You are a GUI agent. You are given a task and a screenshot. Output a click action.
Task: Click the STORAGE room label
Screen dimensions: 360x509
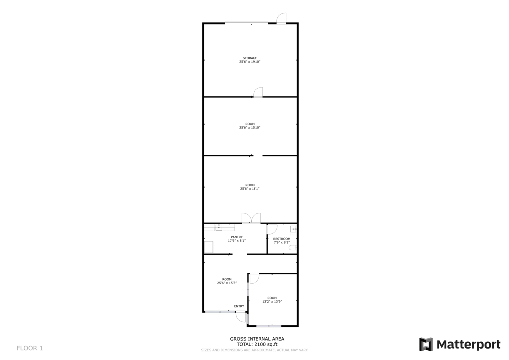[250, 58]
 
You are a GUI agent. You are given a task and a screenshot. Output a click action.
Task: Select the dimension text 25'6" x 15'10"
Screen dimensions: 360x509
[250, 128]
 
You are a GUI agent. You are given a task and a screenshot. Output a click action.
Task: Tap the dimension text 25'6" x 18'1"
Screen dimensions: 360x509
[250, 189]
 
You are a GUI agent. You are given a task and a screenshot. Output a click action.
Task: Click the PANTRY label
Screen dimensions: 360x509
[237, 237]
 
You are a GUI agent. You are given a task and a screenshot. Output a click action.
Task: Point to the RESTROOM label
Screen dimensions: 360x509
[282, 239]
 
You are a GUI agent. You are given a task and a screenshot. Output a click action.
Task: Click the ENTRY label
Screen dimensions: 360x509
[239, 306]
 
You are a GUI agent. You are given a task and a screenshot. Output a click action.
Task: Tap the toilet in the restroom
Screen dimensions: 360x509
[293, 247]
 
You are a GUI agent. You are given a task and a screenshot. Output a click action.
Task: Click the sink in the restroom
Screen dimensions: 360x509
[293, 229]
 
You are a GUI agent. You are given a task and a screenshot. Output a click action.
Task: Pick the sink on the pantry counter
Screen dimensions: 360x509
[218, 228]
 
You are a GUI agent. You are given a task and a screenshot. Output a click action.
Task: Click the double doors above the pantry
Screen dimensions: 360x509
[251, 218]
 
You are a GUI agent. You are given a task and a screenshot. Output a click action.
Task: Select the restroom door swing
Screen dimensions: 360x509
[272, 229]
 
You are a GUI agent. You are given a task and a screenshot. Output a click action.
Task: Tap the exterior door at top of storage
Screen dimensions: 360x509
[281, 18]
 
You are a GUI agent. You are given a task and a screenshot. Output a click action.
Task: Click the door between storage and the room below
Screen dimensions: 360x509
[258, 92]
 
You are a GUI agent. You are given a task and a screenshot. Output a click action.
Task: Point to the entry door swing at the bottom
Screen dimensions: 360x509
[242, 317]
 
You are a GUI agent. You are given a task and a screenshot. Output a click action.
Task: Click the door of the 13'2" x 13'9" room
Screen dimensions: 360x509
[254, 278]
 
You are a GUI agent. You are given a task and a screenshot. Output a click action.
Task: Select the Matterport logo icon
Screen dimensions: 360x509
[426, 344]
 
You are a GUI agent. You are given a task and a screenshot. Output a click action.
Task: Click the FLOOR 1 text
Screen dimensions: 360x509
[30, 348]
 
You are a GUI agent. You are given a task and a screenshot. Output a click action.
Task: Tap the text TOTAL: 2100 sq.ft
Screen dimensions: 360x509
[256, 344]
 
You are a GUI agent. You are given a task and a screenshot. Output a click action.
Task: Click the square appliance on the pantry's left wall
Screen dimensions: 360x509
[209, 247]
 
